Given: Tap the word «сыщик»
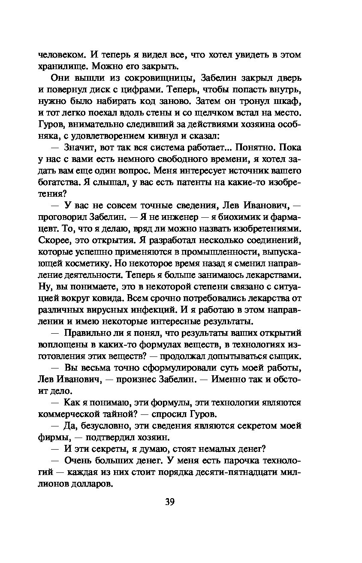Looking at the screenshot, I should (287, 356).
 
